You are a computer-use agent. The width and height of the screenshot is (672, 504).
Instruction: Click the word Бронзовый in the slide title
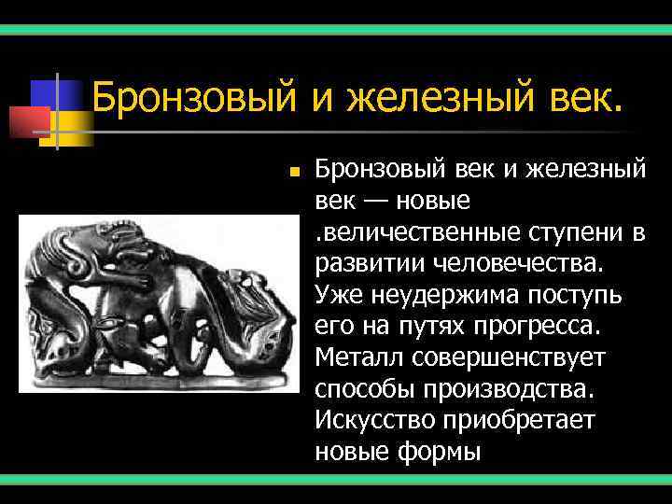[193, 98]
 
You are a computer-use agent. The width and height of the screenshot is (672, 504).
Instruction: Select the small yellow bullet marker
[293, 173]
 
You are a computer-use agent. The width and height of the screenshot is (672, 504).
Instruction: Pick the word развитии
[370, 264]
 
